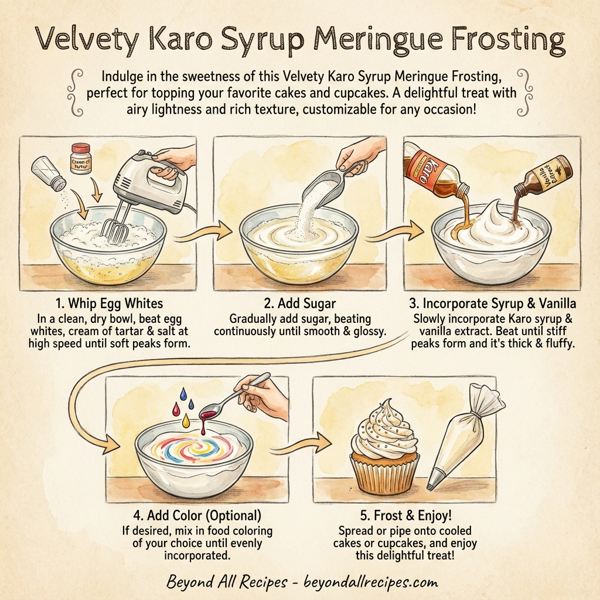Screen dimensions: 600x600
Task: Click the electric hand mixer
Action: pos(140,185)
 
